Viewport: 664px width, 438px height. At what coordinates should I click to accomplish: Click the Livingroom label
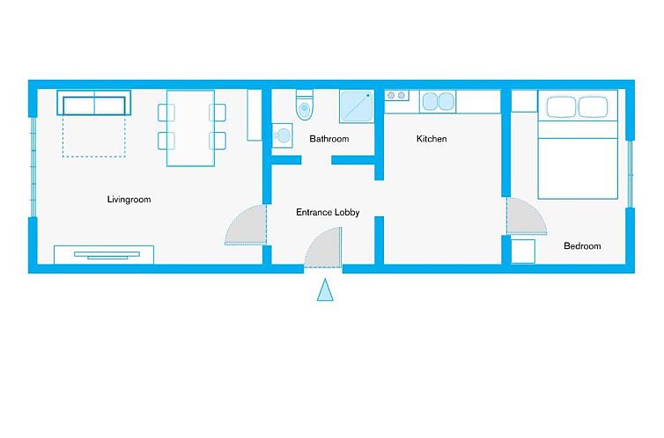pos(129,200)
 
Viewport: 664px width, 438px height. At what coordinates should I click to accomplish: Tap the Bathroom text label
pos(328,139)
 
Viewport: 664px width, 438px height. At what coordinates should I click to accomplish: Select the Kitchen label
pos(432,139)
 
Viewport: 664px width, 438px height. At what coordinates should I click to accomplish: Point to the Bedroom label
pos(582,246)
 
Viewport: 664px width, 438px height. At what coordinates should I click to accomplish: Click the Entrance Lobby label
pos(328,212)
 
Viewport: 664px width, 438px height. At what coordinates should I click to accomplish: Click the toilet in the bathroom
pos(305,106)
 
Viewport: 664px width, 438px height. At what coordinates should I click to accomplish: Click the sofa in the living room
pos(93,103)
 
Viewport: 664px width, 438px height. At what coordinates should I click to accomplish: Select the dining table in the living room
pos(190,128)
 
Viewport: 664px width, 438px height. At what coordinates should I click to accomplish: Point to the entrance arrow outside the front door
pos(326,289)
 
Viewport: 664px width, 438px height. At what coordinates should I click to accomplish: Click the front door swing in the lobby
pos(325,249)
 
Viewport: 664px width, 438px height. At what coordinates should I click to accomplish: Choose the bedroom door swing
pos(524,217)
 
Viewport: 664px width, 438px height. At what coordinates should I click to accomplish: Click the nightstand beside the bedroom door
pos(524,251)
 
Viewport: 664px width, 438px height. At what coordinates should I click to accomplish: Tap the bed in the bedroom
pos(578,145)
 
